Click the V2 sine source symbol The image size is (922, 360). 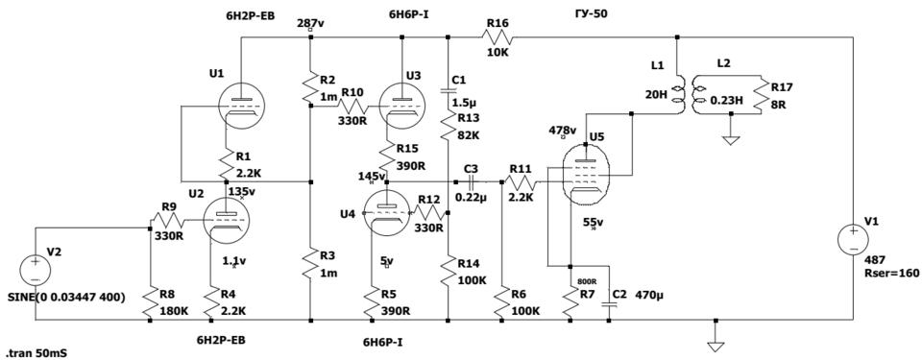tap(36, 271)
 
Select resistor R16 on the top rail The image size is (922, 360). tap(497, 37)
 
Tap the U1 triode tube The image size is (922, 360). tap(241, 106)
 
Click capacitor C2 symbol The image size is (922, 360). tap(609, 303)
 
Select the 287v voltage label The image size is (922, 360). tap(310, 23)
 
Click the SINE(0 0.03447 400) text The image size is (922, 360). tap(66, 298)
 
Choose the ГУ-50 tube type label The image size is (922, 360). tap(591, 12)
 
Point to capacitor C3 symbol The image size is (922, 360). tap(471, 181)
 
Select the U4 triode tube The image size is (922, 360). tap(386, 213)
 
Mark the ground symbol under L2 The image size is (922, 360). tap(730, 140)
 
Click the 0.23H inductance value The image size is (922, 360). tap(727, 101)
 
